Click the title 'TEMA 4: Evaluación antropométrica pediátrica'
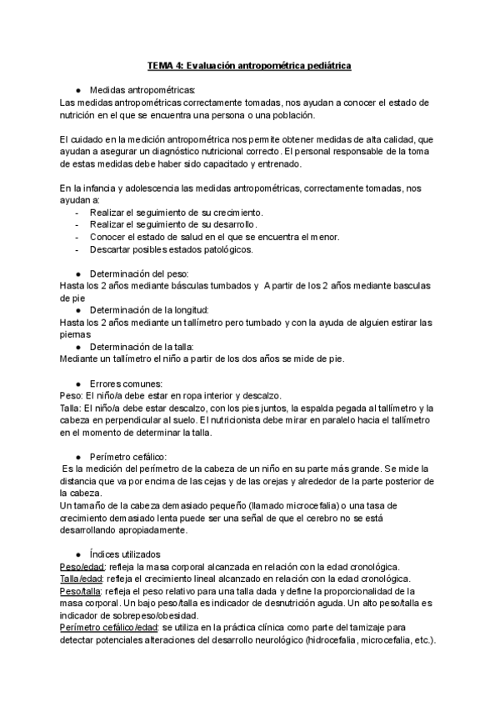pos(249,64)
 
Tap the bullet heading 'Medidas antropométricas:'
pos(142,89)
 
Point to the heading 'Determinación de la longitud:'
pos(148,309)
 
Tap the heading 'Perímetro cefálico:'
pos(128,457)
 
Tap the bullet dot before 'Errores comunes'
pos(77,384)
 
